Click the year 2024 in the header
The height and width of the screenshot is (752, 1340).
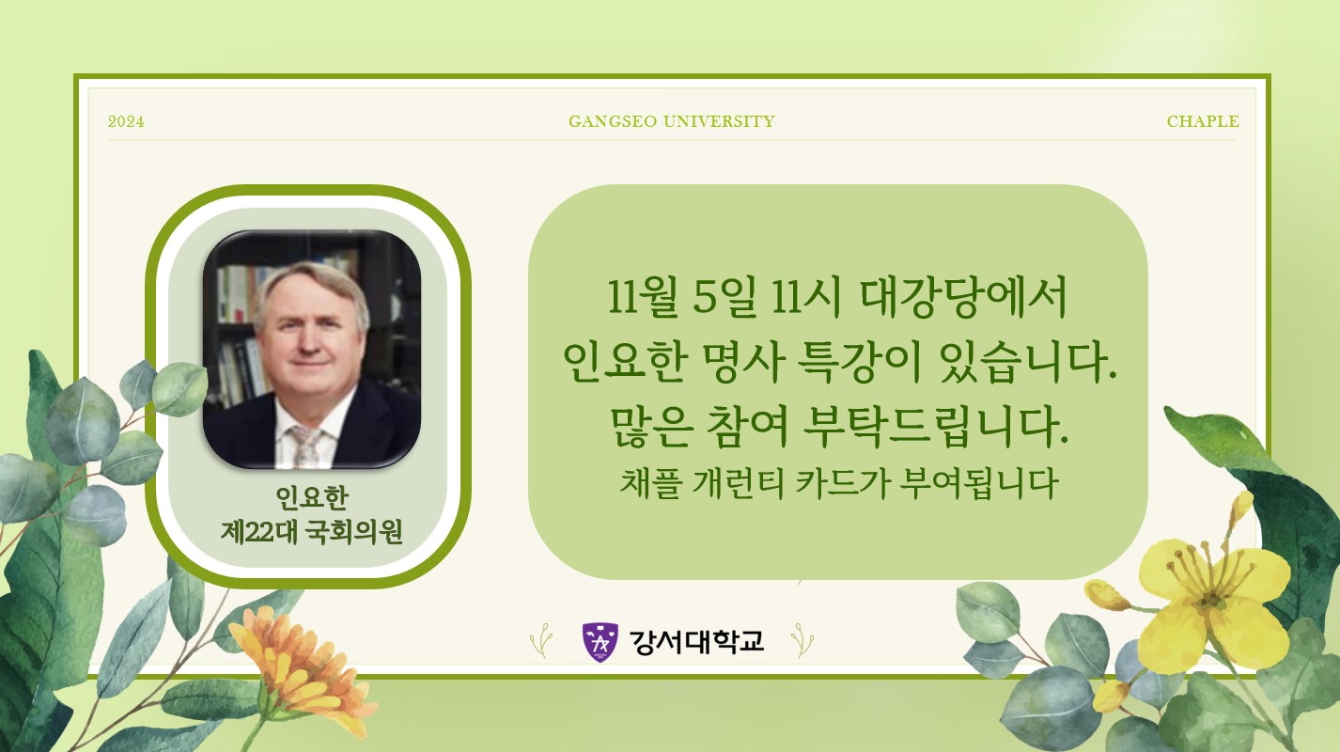coord(126,121)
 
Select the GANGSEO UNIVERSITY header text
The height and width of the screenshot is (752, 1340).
coord(672,121)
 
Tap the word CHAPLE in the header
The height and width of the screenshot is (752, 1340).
coord(1203,121)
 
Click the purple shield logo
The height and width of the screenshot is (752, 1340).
coord(600,642)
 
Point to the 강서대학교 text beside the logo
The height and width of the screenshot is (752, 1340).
coord(697,641)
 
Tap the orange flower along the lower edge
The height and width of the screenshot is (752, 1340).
coord(299,676)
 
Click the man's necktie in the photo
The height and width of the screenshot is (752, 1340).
coord(307,446)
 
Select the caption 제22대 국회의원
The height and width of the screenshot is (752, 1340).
coord(311,531)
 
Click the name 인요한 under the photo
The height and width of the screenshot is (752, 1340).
coord(311,496)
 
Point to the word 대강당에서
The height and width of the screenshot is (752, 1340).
coord(964,297)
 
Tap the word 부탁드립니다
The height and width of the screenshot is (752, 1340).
coord(935,427)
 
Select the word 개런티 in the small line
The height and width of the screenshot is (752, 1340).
coord(738,483)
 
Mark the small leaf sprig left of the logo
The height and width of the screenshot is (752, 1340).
coord(541,641)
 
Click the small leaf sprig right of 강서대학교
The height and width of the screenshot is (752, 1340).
coord(802,641)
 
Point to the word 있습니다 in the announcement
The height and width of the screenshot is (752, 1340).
coord(1028,362)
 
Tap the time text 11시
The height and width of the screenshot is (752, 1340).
coord(806,297)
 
